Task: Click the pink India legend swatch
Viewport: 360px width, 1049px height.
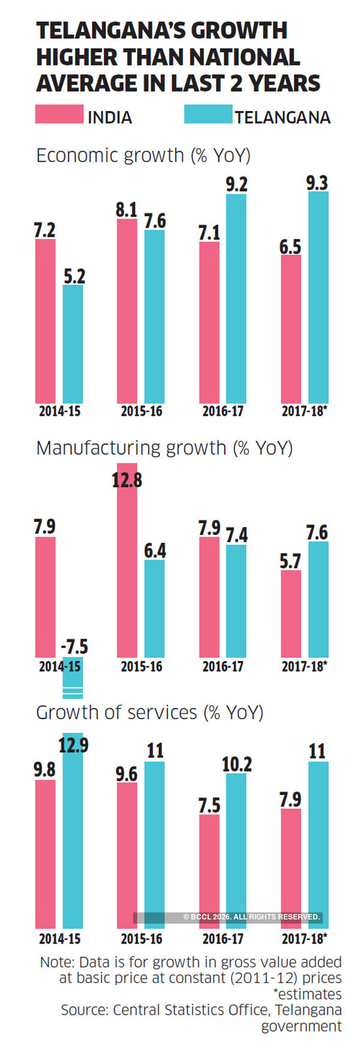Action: click(x=59, y=114)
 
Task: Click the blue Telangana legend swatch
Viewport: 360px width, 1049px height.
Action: click(x=208, y=114)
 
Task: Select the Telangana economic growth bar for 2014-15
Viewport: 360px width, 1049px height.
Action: click(x=73, y=344)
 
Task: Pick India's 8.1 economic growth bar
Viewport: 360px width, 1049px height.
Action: click(x=127, y=311)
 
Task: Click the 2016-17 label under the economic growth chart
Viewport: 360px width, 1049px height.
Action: click(x=223, y=411)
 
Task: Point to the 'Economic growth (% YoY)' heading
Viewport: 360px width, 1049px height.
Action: click(x=143, y=155)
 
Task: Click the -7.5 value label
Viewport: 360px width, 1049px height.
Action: click(x=74, y=647)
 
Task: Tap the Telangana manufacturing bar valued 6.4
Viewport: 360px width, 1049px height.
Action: click(x=154, y=609)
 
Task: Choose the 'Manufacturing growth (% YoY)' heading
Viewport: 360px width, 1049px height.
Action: click(x=164, y=448)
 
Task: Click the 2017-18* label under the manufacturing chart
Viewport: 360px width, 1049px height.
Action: click(x=304, y=666)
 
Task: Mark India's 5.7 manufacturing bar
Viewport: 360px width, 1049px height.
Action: click(x=291, y=614)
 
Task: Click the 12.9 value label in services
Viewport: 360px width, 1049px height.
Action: click(x=73, y=745)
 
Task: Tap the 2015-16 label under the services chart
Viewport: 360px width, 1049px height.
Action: click(x=141, y=939)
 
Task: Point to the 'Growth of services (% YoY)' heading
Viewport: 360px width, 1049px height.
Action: click(x=149, y=713)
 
